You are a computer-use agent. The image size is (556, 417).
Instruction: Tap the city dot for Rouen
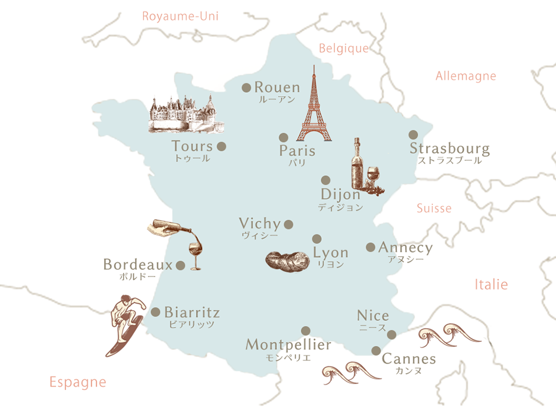click(x=247, y=88)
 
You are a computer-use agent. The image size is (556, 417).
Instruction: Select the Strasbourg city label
click(x=449, y=149)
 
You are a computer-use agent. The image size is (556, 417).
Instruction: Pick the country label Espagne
click(x=77, y=382)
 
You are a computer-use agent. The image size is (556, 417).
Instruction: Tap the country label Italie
click(x=490, y=284)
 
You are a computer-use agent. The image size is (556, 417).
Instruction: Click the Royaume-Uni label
click(x=180, y=16)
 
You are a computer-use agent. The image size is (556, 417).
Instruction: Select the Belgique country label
click(x=344, y=48)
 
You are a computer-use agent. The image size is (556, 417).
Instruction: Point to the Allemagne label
click(x=465, y=76)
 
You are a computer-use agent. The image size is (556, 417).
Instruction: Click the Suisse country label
click(x=434, y=208)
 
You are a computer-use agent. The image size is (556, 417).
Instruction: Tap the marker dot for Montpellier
click(x=306, y=331)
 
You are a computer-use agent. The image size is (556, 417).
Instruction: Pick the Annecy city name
click(x=405, y=248)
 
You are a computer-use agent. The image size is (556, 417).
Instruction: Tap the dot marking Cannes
click(x=376, y=350)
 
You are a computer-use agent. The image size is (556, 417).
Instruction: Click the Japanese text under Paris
click(x=297, y=163)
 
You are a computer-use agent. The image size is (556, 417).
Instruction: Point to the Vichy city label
click(x=260, y=223)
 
